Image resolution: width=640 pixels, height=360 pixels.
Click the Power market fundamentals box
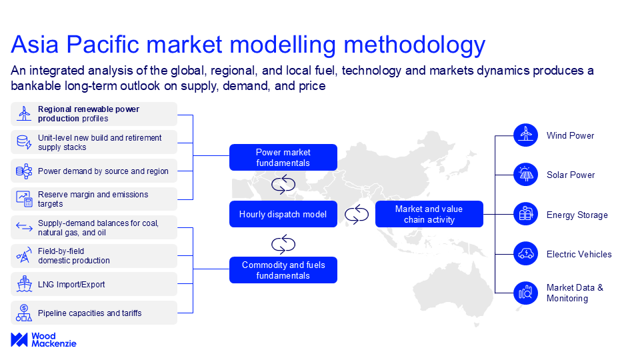(283, 157)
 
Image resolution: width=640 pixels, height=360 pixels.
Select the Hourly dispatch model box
(283, 214)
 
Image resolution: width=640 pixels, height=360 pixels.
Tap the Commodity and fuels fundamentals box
(283, 270)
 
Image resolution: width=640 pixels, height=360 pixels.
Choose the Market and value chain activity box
(429, 214)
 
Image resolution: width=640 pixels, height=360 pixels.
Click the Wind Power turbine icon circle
(526, 135)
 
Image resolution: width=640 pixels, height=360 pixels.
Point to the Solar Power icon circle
(526, 174)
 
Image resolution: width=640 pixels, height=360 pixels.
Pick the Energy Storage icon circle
(526, 214)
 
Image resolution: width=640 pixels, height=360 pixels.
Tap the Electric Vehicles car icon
(526, 253)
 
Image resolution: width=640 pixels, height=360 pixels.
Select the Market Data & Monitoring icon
(526, 293)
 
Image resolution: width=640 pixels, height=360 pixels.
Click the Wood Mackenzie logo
(44, 339)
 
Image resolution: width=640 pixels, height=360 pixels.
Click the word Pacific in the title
(103, 44)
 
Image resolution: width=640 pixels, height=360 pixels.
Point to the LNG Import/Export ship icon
(24, 284)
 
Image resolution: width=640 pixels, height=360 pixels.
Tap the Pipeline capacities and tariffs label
(90, 313)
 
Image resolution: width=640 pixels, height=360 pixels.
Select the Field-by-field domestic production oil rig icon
(24, 255)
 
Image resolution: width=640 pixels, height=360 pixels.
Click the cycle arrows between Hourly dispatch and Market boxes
(356, 214)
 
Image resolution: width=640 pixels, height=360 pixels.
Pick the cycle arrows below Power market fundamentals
(283, 185)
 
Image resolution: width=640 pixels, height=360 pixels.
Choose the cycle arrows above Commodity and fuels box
(283, 245)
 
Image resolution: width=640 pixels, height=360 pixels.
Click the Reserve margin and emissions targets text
(93, 199)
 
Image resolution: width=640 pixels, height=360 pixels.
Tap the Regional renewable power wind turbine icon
(24, 113)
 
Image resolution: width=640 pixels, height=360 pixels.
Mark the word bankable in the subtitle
(36, 86)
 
